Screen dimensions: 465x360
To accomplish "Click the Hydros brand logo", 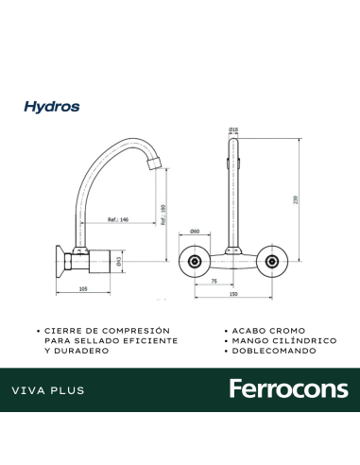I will pos(52,108).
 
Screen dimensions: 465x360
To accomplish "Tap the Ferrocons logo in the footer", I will pos(288,389).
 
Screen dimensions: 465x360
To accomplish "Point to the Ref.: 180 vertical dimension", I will pos(163,216).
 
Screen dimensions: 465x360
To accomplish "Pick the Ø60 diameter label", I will pos(194,231).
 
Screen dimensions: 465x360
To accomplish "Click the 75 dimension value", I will pos(214,281).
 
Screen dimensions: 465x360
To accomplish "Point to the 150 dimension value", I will pos(233,296).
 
